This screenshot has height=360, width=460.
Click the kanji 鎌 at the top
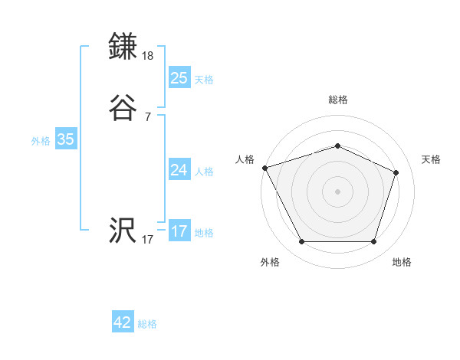123,46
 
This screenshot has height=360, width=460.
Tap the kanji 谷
123,108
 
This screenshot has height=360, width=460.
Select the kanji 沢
123,231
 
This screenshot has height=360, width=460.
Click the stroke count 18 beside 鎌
148,56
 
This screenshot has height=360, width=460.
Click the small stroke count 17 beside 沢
147,240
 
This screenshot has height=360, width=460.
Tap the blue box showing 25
179,77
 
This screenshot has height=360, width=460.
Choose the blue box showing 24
179,169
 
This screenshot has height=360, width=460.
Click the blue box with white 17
179,231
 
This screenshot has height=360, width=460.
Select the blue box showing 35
65,139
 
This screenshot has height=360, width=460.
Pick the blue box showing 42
123,322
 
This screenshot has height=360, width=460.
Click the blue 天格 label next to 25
203,79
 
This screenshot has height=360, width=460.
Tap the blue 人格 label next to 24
203,171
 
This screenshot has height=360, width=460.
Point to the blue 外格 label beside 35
41,140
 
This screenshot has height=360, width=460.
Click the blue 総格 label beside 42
147,324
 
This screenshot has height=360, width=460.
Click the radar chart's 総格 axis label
337,100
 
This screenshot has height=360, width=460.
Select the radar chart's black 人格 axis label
245,159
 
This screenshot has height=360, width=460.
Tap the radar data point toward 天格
396,172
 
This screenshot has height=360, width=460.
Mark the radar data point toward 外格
301,242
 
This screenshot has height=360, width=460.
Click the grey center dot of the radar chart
337,191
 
